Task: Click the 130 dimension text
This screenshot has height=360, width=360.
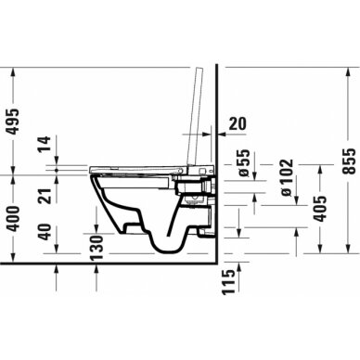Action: point(96,246)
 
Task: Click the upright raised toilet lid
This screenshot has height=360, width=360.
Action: point(198,111)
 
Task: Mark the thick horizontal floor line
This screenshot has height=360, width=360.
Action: point(111,263)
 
